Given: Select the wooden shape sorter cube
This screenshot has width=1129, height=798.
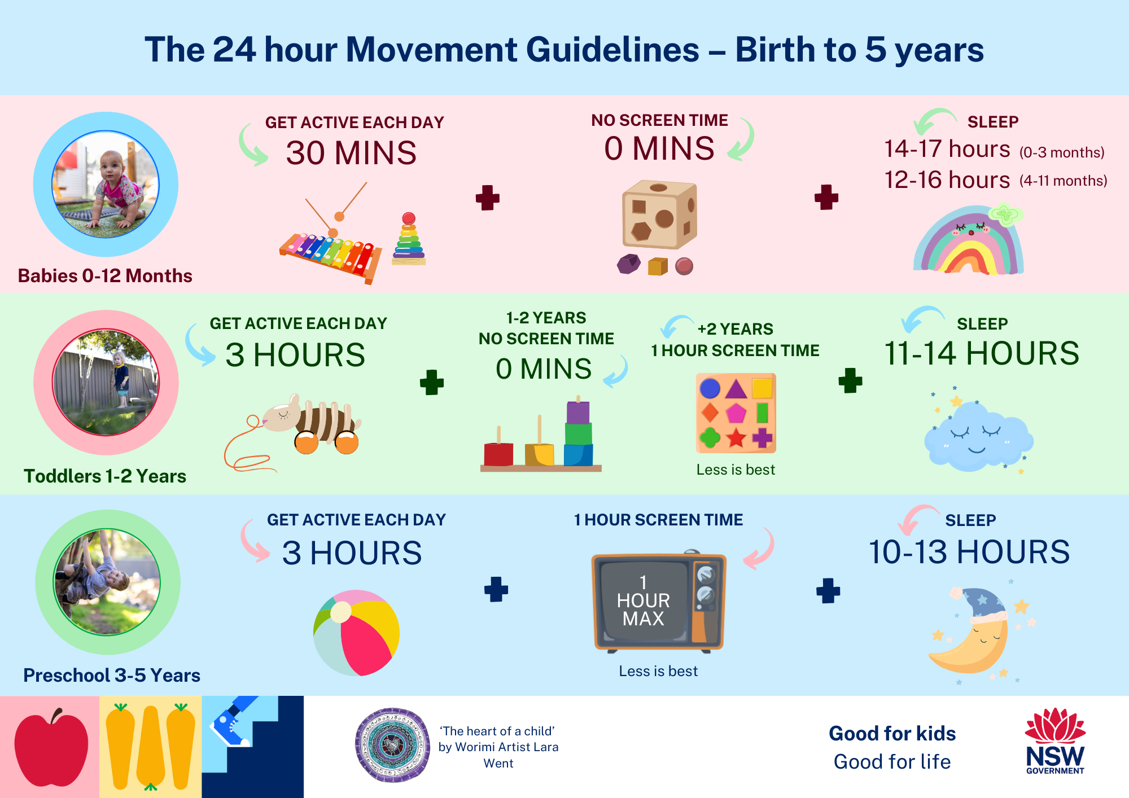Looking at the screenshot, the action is click(x=659, y=214).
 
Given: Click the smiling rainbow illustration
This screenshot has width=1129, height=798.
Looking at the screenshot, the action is click(x=969, y=241).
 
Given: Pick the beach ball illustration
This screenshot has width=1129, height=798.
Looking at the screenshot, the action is click(x=356, y=633).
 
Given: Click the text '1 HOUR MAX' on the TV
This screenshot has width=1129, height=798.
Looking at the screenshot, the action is click(x=643, y=600).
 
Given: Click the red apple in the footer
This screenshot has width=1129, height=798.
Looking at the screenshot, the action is click(x=51, y=748).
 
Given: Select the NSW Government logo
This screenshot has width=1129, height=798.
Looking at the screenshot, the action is click(x=1055, y=741).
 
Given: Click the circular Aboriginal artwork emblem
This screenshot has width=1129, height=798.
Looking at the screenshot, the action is click(x=392, y=745).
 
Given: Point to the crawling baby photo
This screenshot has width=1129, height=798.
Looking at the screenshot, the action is click(x=106, y=185).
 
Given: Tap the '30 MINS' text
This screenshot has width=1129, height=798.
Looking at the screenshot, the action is click(x=351, y=152).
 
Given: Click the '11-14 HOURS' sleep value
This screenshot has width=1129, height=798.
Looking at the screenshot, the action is click(x=982, y=353).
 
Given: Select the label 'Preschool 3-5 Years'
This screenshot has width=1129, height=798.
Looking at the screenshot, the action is click(x=112, y=675).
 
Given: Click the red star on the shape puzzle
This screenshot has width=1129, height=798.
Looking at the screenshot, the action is click(x=736, y=437).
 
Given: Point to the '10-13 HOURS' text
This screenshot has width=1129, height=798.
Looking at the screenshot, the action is click(x=969, y=552).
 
